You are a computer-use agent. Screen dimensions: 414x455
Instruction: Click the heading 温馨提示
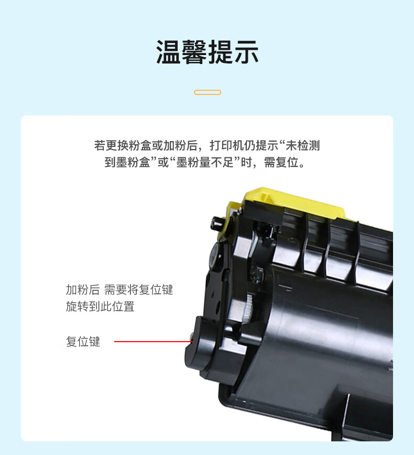(207, 52)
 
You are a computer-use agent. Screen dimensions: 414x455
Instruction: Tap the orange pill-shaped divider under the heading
(208, 92)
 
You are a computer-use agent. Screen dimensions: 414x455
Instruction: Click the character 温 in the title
(169, 52)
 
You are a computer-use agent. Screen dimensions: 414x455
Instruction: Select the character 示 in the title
(246, 52)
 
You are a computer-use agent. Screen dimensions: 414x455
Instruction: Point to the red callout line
(154, 342)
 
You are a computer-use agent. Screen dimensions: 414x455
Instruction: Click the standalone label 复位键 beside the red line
(83, 342)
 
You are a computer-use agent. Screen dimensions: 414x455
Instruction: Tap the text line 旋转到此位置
(100, 306)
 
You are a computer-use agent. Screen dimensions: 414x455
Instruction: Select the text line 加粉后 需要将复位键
(119, 290)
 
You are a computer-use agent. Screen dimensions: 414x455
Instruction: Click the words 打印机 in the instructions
(227, 145)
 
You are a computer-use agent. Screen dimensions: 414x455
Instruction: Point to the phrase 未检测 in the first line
(303, 145)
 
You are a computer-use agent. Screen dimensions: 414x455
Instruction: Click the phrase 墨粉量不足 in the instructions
(205, 162)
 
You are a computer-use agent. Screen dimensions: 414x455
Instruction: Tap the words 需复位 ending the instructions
(281, 162)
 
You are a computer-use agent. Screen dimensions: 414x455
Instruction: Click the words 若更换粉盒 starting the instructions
(123, 145)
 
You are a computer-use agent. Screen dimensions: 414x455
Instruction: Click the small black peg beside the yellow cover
(217, 224)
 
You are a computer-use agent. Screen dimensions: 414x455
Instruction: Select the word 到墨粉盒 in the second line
(127, 162)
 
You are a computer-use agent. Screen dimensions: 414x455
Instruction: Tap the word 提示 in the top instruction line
(267, 145)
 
